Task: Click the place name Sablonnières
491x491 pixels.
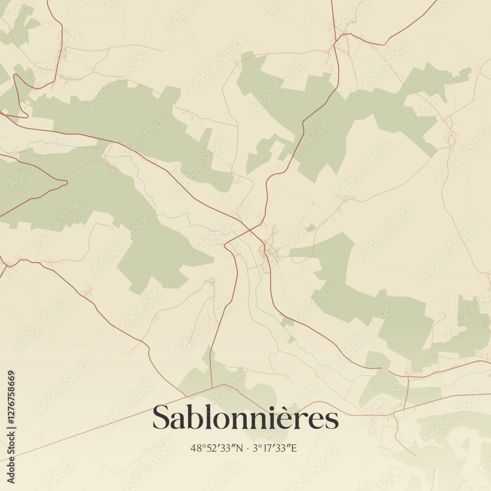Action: [245, 418]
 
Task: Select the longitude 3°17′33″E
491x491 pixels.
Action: [274, 448]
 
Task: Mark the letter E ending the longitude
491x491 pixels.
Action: [294, 448]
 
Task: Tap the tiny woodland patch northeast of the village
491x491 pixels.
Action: [310, 227]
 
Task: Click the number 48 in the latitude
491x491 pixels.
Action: [195, 448]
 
